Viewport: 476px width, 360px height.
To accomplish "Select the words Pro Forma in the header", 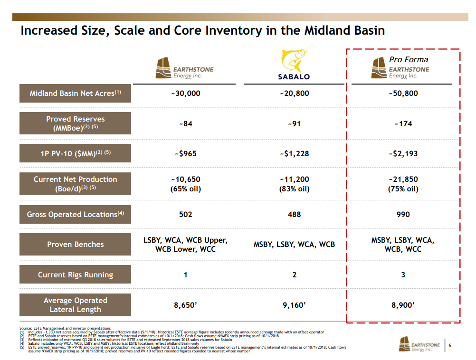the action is click(x=408, y=59).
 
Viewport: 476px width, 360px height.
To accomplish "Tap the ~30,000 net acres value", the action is click(x=185, y=94).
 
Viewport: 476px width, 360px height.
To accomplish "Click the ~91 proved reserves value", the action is click(x=294, y=123).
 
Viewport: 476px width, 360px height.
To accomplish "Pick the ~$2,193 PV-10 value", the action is click(x=403, y=154).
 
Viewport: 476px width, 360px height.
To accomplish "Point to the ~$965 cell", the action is click(x=185, y=154).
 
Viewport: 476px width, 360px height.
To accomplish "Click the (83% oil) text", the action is click(x=294, y=189).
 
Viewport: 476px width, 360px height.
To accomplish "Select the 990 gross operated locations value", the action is click(x=403, y=214).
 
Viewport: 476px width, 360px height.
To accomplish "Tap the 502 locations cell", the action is click(x=185, y=214).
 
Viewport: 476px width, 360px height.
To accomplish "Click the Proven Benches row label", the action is click(x=75, y=245).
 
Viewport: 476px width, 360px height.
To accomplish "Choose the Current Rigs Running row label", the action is click(x=75, y=275).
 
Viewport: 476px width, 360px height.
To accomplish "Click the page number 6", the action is click(x=449, y=345).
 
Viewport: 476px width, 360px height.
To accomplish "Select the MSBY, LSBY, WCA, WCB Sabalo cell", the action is click(x=294, y=245).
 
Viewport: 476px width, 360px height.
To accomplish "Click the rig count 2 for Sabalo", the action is click(x=294, y=275).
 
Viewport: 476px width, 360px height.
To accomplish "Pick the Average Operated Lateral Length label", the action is click(x=75, y=305).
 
